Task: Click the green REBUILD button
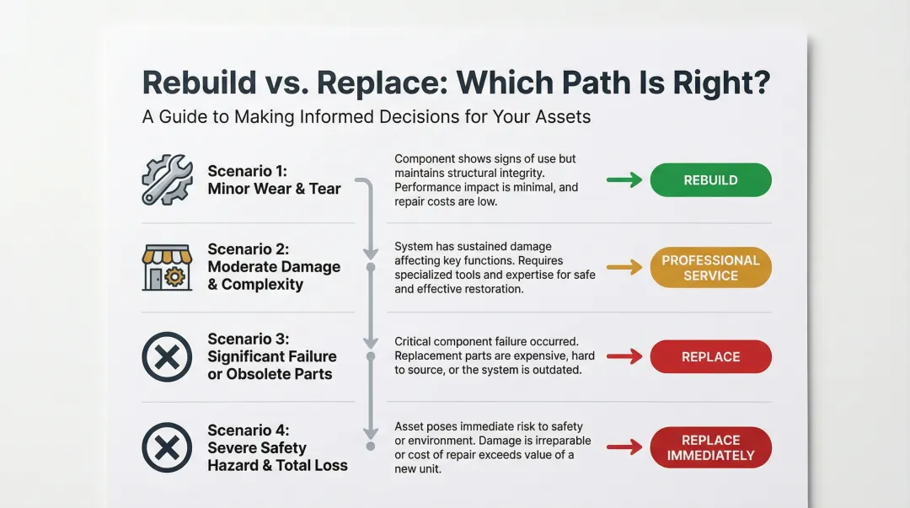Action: (710, 179)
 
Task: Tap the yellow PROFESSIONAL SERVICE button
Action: (710, 268)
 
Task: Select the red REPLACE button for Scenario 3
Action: (710, 356)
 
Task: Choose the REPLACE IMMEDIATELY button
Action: (710, 447)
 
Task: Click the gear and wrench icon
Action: (167, 179)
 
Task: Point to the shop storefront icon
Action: (167, 268)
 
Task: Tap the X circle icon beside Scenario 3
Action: (167, 357)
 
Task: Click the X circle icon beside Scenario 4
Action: (167, 447)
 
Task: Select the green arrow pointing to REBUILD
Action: (624, 179)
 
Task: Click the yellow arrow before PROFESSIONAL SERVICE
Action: (624, 268)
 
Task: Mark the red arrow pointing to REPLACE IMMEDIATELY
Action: (624, 447)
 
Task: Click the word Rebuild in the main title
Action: (199, 83)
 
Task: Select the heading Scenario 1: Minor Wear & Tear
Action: (274, 179)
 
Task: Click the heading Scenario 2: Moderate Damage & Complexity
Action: (274, 267)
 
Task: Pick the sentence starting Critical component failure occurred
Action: (486, 342)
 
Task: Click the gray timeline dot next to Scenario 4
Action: (369, 447)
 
